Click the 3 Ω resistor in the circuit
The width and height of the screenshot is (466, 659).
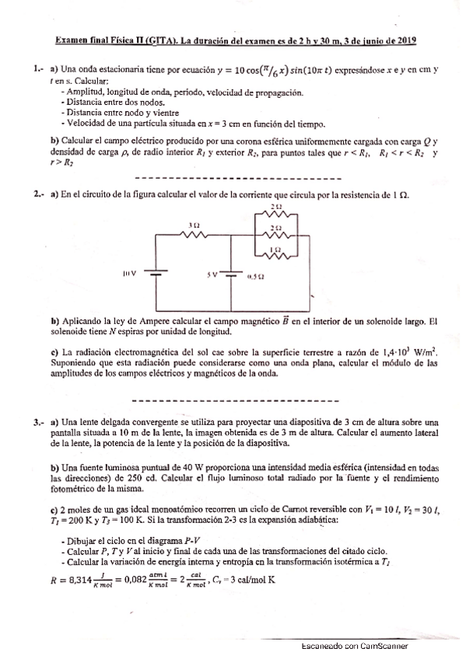pos(194,235)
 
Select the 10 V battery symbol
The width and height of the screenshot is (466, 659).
pos(157,274)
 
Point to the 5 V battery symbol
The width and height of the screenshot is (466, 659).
pos(232,274)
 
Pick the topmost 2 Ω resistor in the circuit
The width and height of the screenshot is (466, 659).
pos(276,213)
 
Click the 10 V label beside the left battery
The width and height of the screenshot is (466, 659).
pos(129,274)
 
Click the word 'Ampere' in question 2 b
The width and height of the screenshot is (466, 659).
pos(168,320)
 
